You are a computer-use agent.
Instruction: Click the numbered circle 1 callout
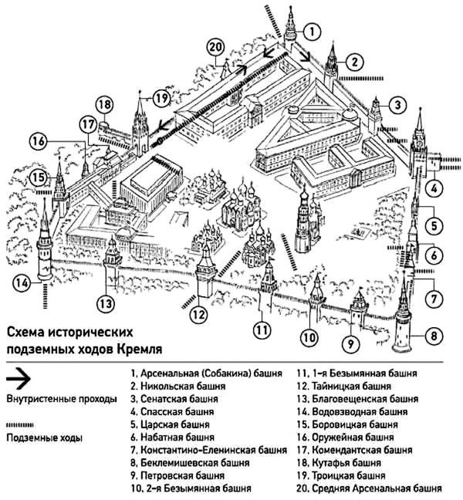point(311,32)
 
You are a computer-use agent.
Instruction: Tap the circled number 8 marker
point(433,336)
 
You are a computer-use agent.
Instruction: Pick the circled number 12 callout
point(199,314)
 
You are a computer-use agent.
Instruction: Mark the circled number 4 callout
point(435,187)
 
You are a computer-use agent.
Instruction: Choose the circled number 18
point(104,106)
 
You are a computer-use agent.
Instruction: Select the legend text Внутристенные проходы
point(61,400)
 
